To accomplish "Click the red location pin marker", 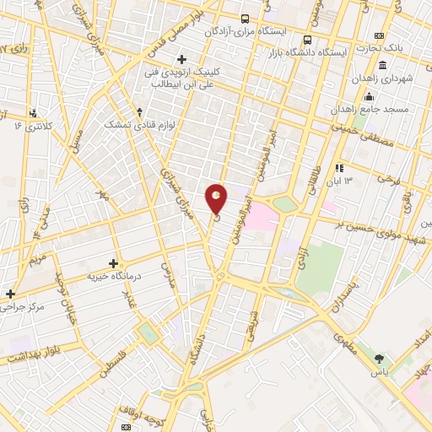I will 217,197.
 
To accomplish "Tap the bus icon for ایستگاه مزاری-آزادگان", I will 245,19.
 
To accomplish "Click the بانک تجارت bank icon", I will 379,35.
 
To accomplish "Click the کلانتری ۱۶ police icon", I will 34,112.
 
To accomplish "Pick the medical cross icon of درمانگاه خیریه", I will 115,263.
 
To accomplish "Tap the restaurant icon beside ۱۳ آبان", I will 341,167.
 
